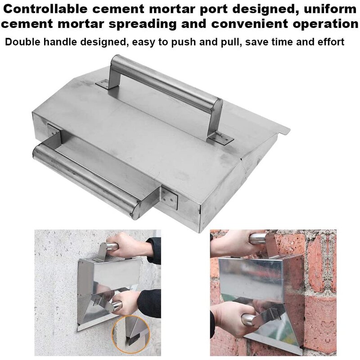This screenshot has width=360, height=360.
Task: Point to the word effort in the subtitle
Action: point(331,42)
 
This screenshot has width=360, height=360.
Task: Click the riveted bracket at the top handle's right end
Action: point(220,137)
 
